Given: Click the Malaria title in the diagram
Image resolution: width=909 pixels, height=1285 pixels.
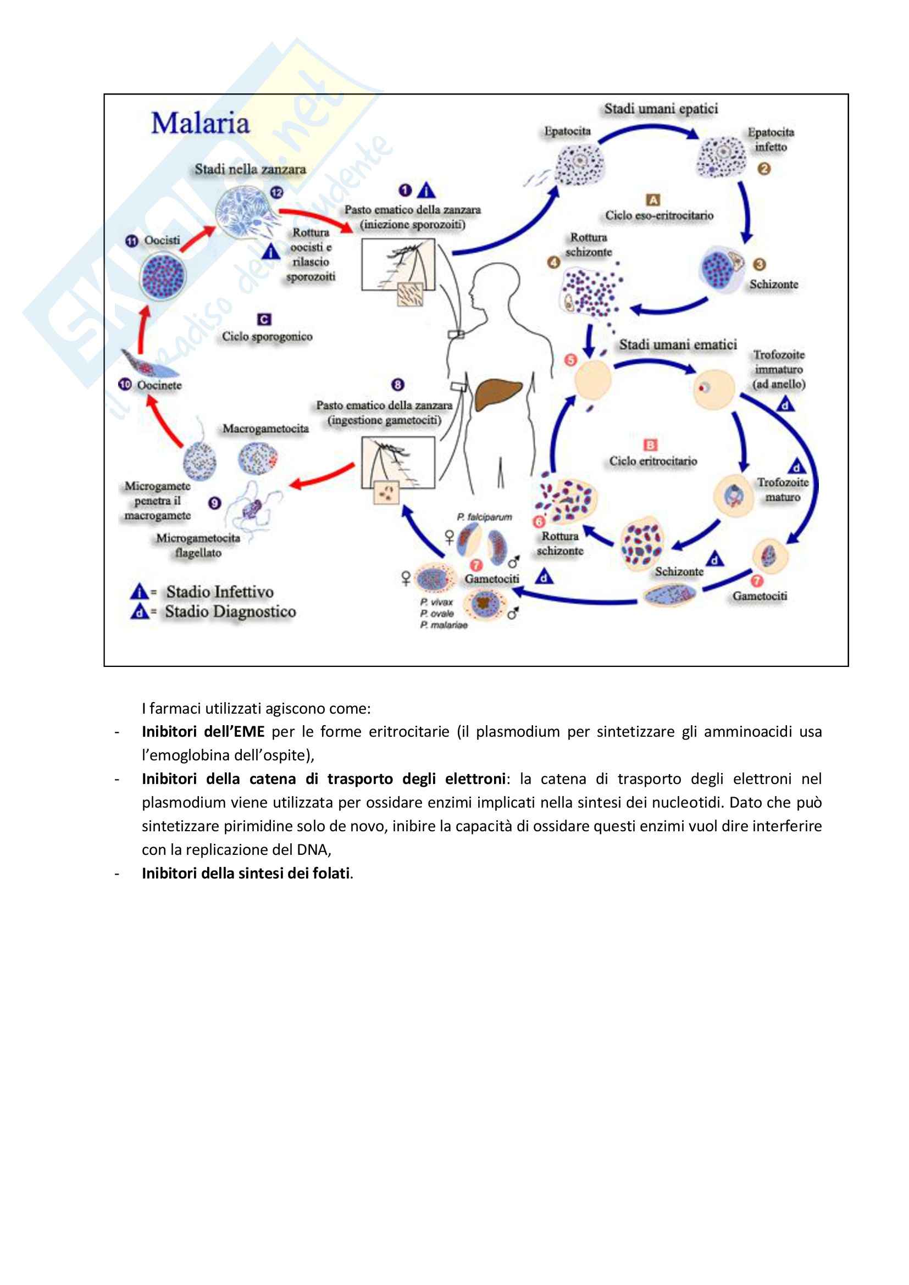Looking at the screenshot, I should [x=201, y=124].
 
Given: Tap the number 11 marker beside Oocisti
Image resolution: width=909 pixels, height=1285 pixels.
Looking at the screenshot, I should [x=131, y=241].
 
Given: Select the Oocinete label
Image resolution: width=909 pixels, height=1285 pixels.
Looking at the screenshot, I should [x=159, y=386].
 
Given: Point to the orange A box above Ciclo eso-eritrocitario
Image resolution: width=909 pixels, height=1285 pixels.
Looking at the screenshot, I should [x=653, y=200].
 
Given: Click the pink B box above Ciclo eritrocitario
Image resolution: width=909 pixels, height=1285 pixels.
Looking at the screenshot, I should [x=650, y=445].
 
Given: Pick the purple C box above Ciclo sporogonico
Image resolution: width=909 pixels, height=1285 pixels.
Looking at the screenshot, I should [x=264, y=320].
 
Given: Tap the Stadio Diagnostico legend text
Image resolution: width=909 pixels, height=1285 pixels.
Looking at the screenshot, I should [x=230, y=611].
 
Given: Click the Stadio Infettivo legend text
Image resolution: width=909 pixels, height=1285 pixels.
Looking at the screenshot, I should [x=219, y=592].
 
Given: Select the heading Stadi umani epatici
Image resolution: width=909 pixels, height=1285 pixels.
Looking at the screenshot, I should [x=661, y=109].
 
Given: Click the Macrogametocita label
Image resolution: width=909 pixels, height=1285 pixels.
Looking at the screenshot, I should [x=266, y=429].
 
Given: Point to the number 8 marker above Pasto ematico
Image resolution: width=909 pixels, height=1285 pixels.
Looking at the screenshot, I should [x=398, y=385].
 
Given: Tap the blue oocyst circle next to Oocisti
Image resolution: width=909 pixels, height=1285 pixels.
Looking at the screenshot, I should [x=163, y=276].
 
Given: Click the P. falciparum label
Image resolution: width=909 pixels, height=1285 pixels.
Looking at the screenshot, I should [x=484, y=517].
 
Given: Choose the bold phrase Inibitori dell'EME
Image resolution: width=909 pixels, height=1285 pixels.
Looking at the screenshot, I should [x=203, y=731].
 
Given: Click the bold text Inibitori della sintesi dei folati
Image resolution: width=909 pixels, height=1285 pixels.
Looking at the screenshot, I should [x=246, y=873].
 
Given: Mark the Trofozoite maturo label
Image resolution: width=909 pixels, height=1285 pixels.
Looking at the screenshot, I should [x=783, y=489].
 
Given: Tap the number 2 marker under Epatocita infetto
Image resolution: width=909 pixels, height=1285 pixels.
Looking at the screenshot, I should [x=764, y=169].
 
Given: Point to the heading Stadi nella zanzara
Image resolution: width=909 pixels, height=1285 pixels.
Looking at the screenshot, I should [x=250, y=169].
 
